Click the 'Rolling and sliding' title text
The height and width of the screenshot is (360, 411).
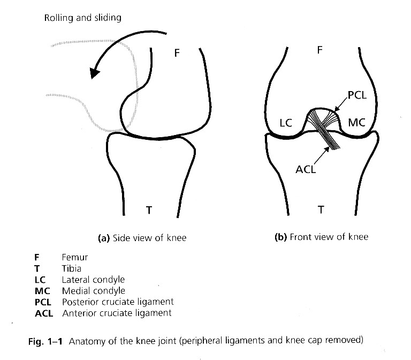pos(82,18)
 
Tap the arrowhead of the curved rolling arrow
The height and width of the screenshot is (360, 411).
pos(94,73)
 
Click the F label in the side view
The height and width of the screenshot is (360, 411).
pos(177,53)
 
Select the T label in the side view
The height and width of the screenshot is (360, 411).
pos(149,210)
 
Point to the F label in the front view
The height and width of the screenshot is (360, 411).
pos(319,50)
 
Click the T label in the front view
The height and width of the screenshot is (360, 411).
pos(321,209)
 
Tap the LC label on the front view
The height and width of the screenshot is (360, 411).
pos(286,123)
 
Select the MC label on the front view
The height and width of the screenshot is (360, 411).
pos(357,123)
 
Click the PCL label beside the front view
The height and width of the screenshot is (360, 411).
pos(357,95)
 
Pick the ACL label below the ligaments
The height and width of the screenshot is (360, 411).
pos(306,169)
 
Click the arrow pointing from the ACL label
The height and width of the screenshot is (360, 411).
pos(321,156)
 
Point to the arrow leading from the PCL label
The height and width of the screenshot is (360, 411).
pos(341,104)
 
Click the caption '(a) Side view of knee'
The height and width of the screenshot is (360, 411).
pos(142,238)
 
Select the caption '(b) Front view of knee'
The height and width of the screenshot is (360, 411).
pos(321,237)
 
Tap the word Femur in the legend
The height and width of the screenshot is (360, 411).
pos(75,257)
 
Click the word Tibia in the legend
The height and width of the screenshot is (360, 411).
pos(72,268)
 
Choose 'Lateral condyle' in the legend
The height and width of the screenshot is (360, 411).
pos(93,280)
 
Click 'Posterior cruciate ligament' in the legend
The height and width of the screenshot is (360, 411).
pos(118,302)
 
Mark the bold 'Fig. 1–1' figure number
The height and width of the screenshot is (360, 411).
pos(45,342)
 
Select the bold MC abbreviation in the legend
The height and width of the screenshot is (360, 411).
pos(42,291)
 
